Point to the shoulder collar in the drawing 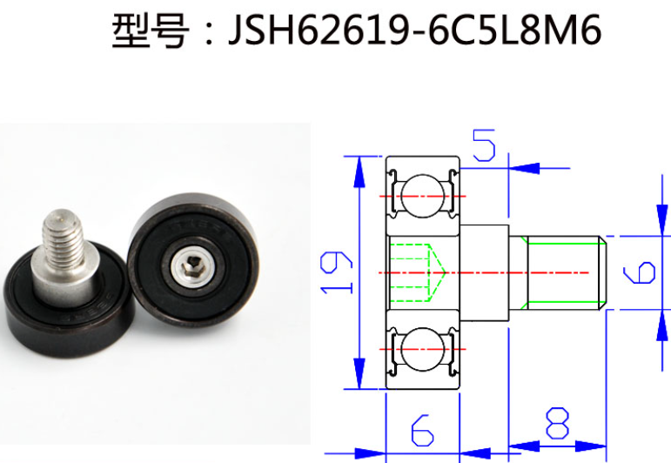tap(484, 272)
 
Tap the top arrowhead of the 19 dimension tap(357, 170)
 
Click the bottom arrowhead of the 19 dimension tap(357, 374)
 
